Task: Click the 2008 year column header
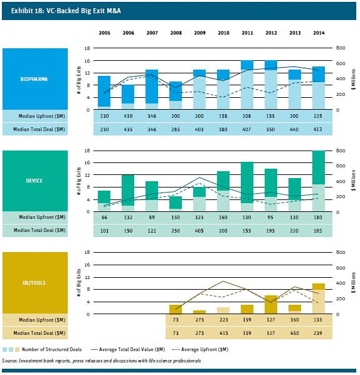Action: [176, 33]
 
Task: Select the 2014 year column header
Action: [319, 33]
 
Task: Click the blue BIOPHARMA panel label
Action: [34, 79]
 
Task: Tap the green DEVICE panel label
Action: [34, 181]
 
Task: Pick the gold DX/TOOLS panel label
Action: [34, 283]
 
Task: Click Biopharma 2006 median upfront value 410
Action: [128, 116]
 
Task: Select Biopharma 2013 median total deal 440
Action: [294, 129]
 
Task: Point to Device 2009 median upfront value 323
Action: [199, 218]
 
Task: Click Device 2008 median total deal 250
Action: [176, 231]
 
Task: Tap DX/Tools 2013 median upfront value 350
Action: [294, 320]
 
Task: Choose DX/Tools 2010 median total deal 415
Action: [224, 333]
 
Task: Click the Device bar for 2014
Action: [319, 181]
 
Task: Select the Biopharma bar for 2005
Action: [104, 92]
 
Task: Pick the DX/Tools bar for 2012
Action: [271, 304]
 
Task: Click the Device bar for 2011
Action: [247, 186]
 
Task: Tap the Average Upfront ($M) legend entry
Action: [200, 350]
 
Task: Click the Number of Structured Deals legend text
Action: [51, 350]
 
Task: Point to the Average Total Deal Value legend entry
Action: [128, 350]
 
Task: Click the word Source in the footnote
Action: [9, 361]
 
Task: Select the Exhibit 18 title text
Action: [66, 11]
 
